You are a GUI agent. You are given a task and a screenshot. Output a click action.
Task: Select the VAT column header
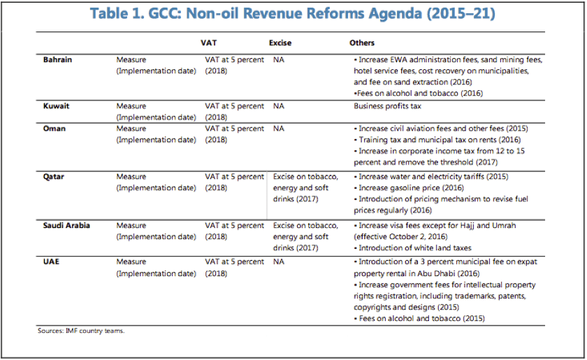coord(208,43)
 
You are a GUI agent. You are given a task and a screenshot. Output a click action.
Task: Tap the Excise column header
coord(280,43)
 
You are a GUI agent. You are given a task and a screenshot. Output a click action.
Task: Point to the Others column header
coord(362,43)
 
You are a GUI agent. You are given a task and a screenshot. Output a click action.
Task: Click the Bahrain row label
coord(57,59)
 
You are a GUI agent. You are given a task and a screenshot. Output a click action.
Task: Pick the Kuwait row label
coord(56,106)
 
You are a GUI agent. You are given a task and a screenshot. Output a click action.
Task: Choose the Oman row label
coord(55,129)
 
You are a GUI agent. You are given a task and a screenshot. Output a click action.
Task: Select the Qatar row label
coord(54,176)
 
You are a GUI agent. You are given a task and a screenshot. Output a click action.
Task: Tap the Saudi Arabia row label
coord(66,225)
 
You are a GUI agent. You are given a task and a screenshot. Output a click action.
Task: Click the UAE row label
coord(51,261)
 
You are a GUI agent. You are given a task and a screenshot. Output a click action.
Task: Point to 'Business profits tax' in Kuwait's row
coord(387,106)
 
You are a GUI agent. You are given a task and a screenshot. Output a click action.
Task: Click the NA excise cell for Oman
coord(279,129)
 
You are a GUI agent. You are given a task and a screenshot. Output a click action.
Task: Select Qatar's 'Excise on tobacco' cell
coord(305,187)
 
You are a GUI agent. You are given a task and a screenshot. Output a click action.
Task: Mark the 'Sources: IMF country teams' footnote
coord(81,331)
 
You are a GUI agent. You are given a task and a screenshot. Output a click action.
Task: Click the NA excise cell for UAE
coord(279,261)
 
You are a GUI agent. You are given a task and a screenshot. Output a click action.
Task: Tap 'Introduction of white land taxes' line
coord(412,247)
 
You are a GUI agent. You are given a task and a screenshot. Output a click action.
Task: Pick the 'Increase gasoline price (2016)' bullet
coord(409,187)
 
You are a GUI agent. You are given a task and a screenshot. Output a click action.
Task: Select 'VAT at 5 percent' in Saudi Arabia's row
coord(234,225)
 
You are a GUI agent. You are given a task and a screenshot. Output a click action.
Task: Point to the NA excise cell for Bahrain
coord(279,59)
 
